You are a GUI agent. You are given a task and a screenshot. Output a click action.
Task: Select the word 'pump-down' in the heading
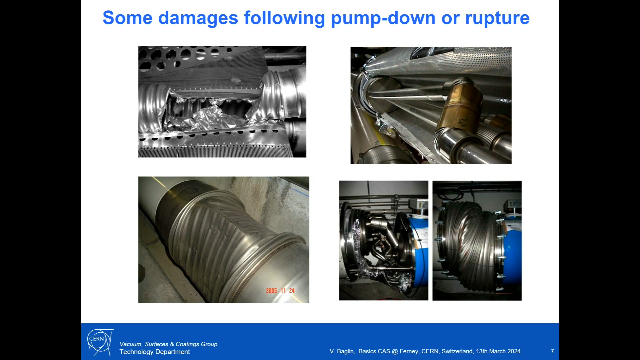click(383, 19)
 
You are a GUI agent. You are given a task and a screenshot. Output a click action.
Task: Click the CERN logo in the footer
click(99, 342)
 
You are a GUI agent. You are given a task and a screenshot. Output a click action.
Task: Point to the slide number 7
click(552, 351)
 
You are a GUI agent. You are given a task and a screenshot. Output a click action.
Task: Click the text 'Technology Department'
click(155, 352)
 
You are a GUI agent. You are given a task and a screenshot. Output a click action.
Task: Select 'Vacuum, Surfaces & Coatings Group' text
click(168, 344)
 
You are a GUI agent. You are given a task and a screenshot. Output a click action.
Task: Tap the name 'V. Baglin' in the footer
click(342, 351)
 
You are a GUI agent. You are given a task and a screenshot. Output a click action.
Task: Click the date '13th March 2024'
click(498, 351)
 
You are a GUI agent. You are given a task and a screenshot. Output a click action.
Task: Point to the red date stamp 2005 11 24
click(280, 291)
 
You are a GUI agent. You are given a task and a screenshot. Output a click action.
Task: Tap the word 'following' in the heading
click(284, 19)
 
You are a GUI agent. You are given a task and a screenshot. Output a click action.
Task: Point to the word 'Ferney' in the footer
click(409, 352)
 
